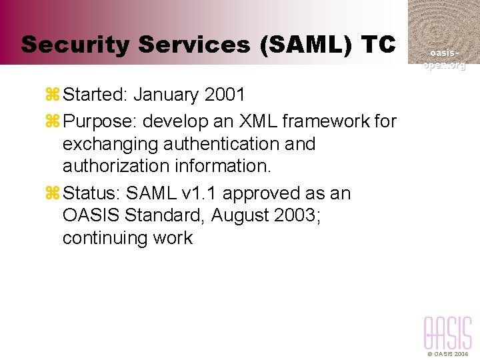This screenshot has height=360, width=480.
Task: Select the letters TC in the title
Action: [378, 45]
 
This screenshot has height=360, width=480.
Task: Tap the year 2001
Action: [225, 95]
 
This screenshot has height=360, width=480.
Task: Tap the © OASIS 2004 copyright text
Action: [449, 354]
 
